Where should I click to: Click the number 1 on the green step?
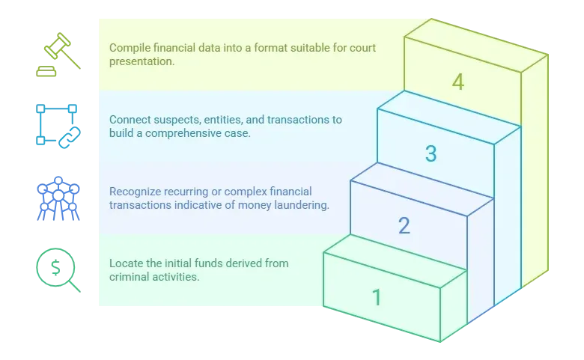[377, 297]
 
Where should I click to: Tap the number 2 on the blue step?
[404, 225]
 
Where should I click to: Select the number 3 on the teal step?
[431, 154]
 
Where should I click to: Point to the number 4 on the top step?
[457, 82]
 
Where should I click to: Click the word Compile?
[130, 48]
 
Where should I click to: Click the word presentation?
[141, 61]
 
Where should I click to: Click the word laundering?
[303, 205]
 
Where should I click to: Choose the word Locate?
[126, 263]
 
